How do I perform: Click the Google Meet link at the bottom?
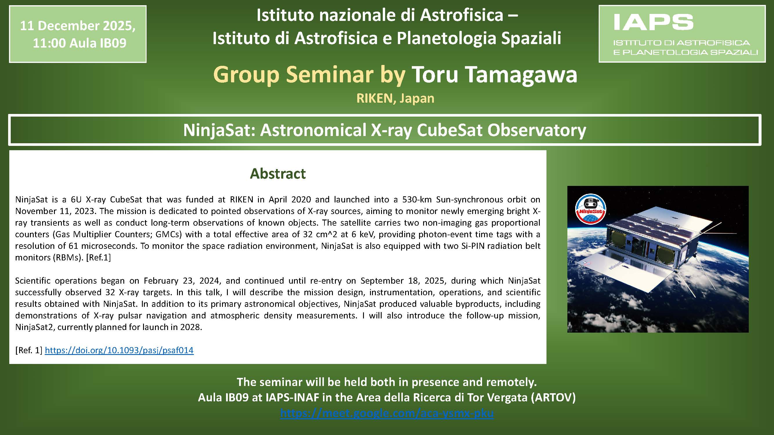pos(387,413)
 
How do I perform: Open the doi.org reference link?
pos(119,350)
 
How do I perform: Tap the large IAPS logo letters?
pos(653,23)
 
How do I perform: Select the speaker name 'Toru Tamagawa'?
pos(494,75)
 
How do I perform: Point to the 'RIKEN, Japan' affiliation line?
pos(395,98)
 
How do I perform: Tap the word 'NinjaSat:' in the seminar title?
pos(219,130)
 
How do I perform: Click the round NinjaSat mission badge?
pos(590,209)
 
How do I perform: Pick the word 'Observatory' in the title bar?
pos(537,130)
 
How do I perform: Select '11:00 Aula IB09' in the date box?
pos(80,43)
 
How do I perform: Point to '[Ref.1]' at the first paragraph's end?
pos(99,257)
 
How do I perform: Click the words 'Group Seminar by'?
pos(309,75)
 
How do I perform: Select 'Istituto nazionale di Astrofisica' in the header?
pos(380,15)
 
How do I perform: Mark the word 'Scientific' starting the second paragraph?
pos(33,280)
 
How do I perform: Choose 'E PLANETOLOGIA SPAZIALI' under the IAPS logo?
pos(685,52)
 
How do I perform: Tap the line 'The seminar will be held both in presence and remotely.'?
pos(387,382)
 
